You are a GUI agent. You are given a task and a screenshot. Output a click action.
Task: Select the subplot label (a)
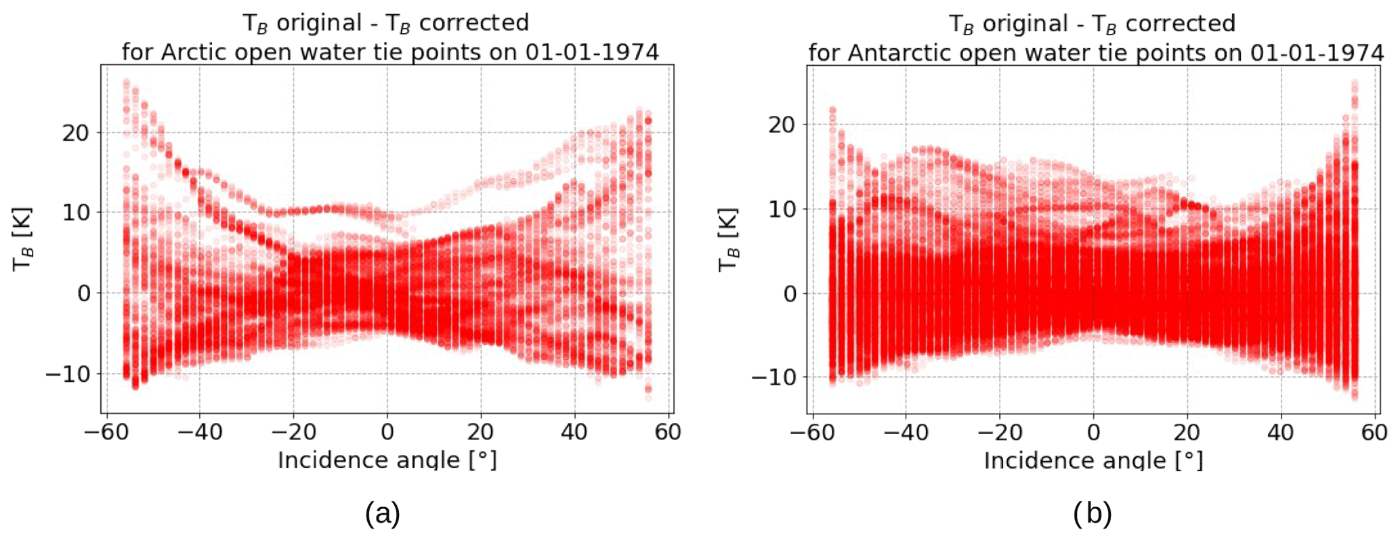coord(383,514)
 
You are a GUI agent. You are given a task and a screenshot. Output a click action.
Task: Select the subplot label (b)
coord(1093,514)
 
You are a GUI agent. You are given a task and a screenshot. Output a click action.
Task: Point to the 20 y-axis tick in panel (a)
coord(75,133)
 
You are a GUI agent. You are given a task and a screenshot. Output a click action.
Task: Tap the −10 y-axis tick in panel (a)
coord(67,374)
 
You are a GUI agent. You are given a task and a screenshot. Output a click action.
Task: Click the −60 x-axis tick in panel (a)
coord(105,431)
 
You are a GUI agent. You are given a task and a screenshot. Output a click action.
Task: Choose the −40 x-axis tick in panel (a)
coord(199,431)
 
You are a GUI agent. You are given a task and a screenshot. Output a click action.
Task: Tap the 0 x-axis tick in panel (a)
coord(387,431)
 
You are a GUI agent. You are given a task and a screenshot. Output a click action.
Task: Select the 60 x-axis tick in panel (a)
coord(668,431)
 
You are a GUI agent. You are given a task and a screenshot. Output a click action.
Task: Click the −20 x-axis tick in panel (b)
coord(999,432)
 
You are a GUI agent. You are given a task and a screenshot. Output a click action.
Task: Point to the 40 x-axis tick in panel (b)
coord(1281,432)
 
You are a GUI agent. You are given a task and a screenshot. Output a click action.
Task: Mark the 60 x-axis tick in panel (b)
coord(1374,432)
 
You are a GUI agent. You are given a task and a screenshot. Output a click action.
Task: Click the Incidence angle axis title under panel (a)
coord(387,460)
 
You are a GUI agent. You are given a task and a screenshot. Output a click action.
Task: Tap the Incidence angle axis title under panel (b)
coord(1093,460)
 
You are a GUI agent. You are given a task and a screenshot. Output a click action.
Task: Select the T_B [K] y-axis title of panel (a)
coord(23,240)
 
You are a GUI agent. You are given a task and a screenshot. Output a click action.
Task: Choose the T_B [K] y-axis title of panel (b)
coord(729,240)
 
